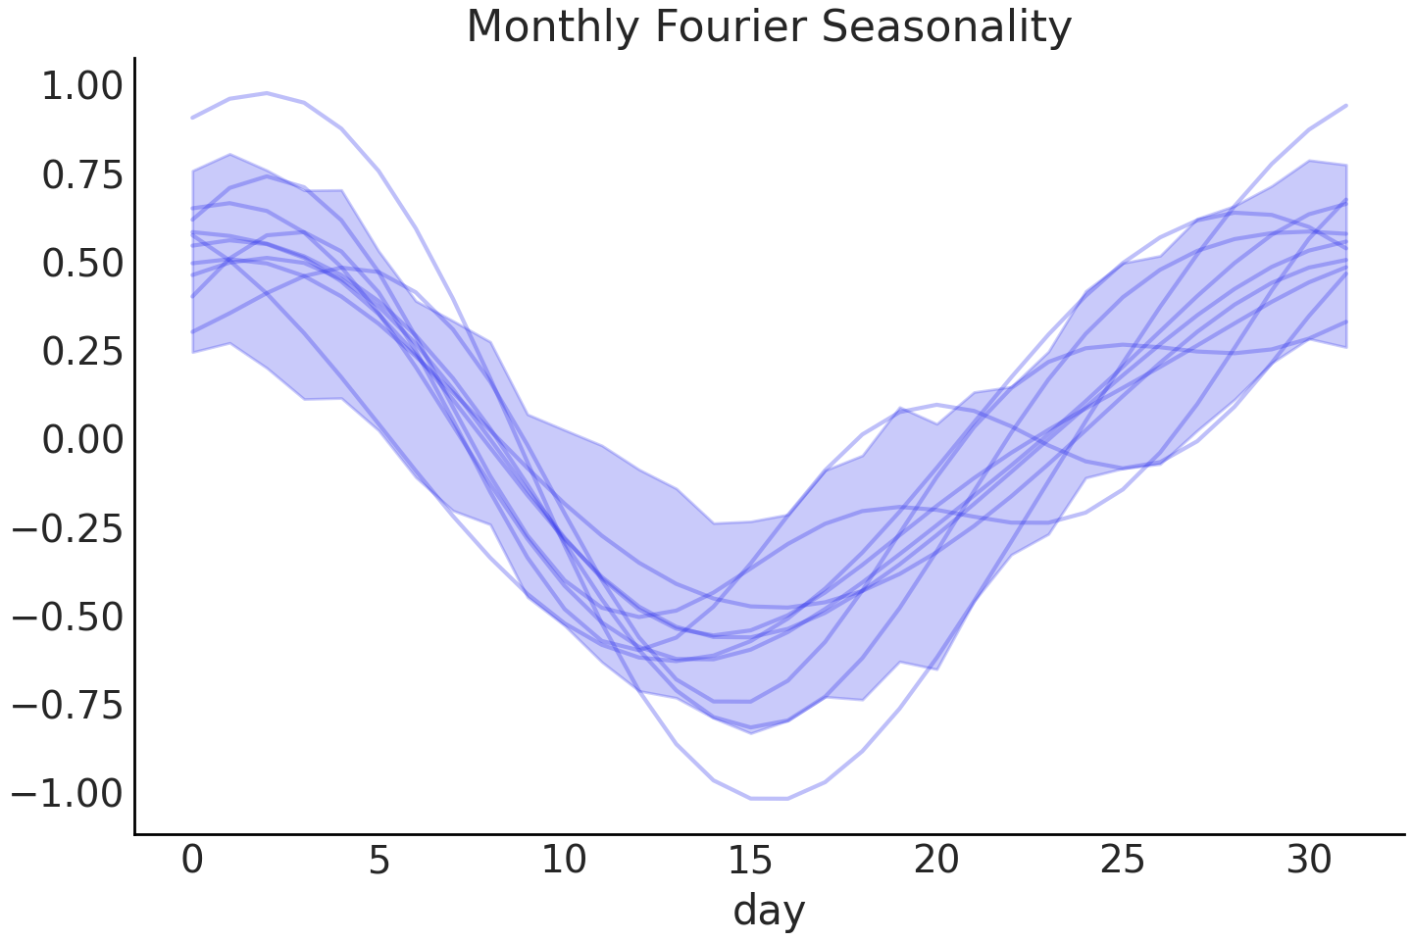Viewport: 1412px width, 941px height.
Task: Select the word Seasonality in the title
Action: coord(947,26)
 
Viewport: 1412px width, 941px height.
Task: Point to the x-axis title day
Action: coord(769,910)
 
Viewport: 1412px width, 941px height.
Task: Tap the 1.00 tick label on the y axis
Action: coord(82,86)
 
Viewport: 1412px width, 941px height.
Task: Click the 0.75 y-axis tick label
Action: coord(82,175)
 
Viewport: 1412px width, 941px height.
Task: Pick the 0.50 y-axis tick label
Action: coord(82,264)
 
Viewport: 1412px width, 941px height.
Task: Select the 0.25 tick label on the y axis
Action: coord(82,352)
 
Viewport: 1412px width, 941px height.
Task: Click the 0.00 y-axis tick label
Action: coord(82,440)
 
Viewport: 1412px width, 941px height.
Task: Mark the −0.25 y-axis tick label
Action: coord(68,528)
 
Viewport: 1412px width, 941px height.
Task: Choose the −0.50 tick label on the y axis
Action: coord(68,617)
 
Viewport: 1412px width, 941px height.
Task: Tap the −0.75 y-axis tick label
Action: coord(68,705)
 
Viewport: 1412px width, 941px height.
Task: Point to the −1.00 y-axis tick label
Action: coord(68,793)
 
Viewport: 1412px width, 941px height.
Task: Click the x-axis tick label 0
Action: coord(192,860)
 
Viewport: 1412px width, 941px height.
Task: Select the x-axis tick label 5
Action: coord(378,860)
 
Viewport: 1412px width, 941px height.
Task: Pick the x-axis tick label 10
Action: coord(564,860)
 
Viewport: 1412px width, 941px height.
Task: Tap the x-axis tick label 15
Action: coord(750,860)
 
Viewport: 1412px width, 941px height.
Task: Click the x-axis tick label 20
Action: coord(936,860)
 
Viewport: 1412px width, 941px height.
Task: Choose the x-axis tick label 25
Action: coord(1122,860)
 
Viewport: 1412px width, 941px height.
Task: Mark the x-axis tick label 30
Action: coord(1308,860)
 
